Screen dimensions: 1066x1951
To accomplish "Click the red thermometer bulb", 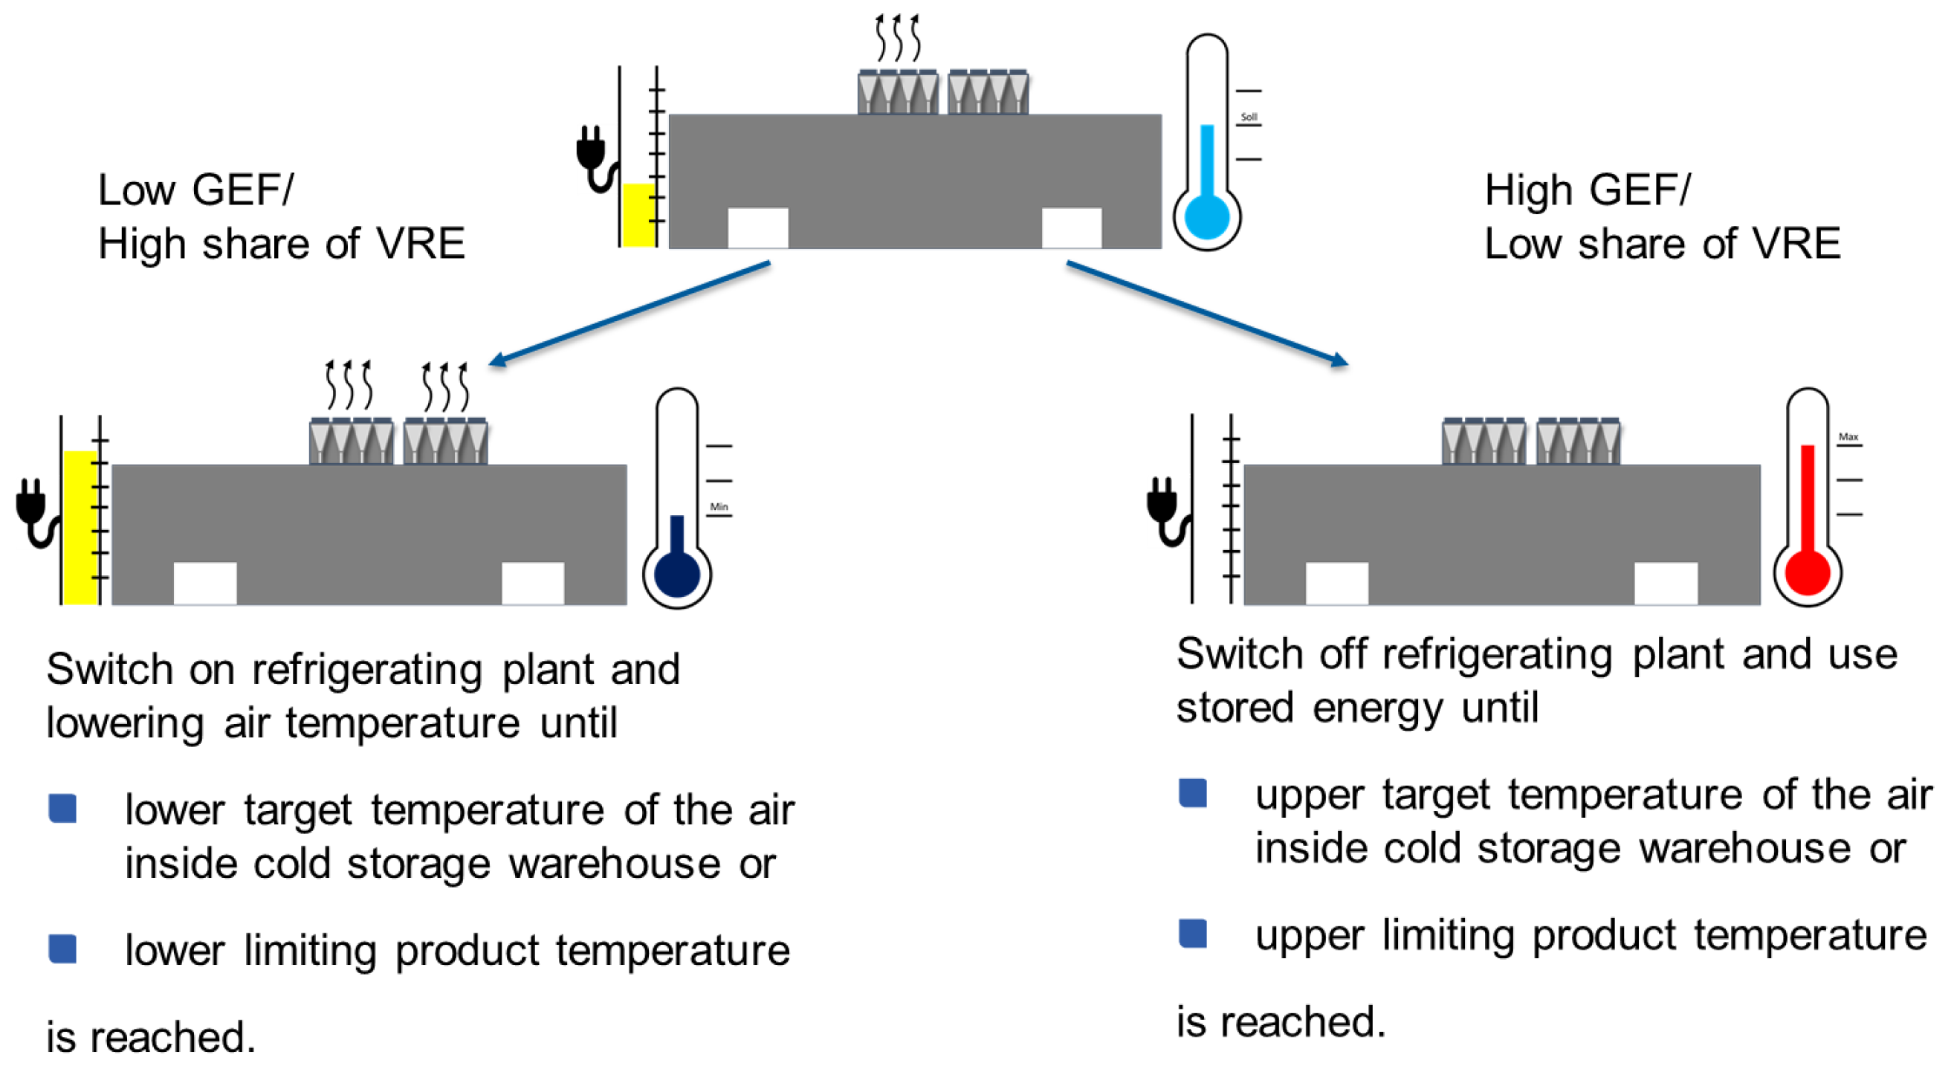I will pyautogui.click(x=1807, y=572).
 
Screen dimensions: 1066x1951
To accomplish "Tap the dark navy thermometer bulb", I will pyautogui.click(x=676, y=575).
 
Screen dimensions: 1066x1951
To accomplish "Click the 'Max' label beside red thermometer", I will pyautogui.click(x=1848, y=437).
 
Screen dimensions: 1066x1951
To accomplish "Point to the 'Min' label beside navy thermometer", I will pyautogui.click(x=719, y=507).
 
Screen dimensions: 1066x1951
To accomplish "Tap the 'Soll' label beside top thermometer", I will pyautogui.click(x=1249, y=117).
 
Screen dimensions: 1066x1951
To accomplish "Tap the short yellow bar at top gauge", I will pyautogui.click(x=638, y=214).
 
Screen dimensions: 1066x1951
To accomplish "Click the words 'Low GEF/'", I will pyautogui.click(x=195, y=190).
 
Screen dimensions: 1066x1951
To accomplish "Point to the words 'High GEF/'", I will pyautogui.click(x=1587, y=190).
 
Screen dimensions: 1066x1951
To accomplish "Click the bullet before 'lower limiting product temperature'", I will pyautogui.click(x=62, y=949).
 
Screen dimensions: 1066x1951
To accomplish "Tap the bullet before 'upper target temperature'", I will pyautogui.click(x=1192, y=793).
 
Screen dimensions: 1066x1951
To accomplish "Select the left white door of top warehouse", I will pyautogui.click(x=757, y=227).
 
